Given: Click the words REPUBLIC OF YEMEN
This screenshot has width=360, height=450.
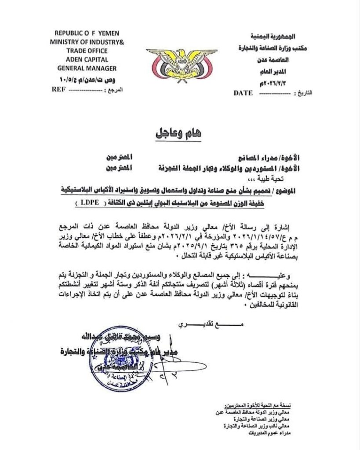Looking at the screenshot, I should (x=84, y=33).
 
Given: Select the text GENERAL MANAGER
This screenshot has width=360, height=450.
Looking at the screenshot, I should (x=87, y=69).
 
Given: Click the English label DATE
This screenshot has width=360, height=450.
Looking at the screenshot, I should (x=243, y=93).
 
